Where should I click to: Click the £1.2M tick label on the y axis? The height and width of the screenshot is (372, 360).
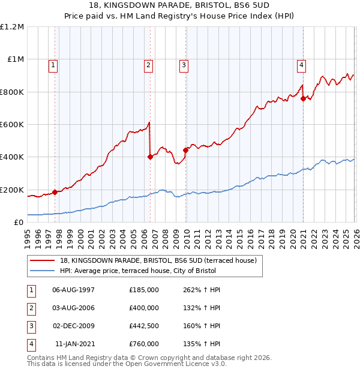[12, 27]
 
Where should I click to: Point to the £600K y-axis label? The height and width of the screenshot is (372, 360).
[12, 124]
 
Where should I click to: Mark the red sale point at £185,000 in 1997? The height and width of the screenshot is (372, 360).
[55, 192]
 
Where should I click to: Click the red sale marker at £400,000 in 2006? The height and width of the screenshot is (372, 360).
[150, 157]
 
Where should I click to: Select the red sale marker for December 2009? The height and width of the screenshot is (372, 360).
[185, 151]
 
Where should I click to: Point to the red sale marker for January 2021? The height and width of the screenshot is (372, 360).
[303, 99]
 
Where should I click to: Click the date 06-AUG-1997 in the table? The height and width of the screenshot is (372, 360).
[73, 290]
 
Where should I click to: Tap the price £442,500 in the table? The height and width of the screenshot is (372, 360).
[144, 326]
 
